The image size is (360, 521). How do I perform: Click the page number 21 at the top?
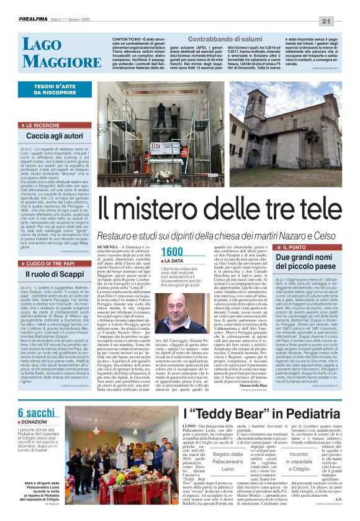(345, 6)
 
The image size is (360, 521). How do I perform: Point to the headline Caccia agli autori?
(55, 135)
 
